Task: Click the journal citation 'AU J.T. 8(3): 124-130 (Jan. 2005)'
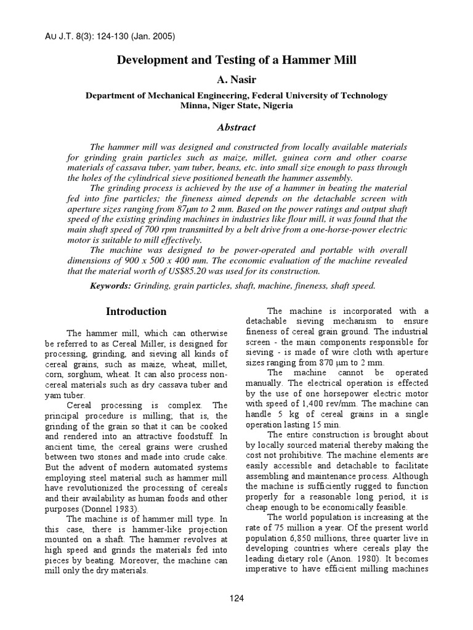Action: [111, 36]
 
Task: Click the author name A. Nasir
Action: [236, 80]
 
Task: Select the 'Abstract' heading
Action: [236, 127]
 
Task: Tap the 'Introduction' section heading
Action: [136, 311]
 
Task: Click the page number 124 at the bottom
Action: [236, 599]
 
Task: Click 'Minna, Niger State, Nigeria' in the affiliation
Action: [236, 106]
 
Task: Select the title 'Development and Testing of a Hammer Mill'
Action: [236, 60]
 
